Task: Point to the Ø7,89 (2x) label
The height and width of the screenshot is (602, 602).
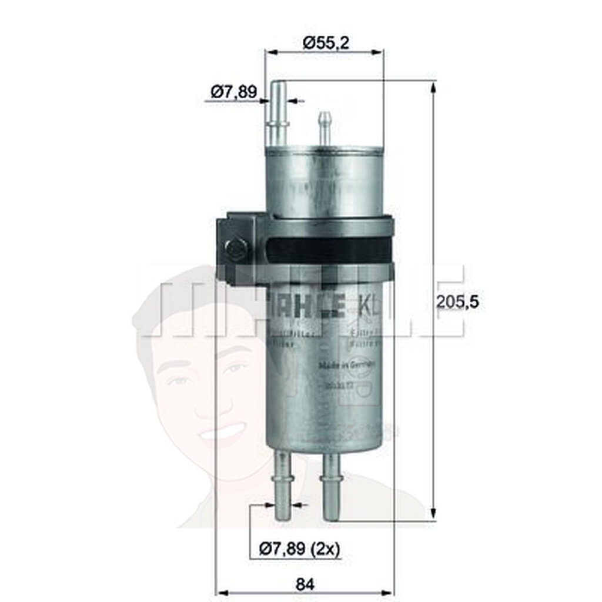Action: click(x=300, y=549)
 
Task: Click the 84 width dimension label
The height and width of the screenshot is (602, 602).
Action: click(x=305, y=584)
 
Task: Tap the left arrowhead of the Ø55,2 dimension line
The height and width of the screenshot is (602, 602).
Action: click(x=270, y=52)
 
